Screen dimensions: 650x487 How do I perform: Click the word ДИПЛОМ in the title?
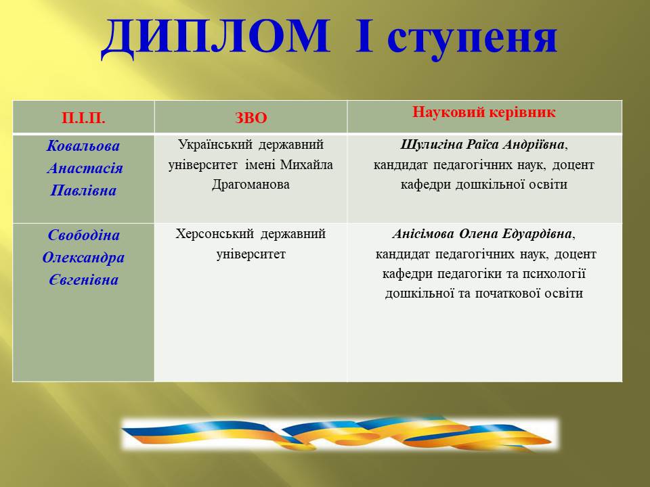[x=215, y=38]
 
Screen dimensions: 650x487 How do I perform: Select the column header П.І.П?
[x=83, y=118]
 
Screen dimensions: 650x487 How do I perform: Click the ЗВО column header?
[x=251, y=118]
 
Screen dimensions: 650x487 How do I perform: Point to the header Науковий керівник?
[x=483, y=112]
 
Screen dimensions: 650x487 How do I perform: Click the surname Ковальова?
[x=83, y=146]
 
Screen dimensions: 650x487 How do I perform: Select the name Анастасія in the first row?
[x=85, y=168]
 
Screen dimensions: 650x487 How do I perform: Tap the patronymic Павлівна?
[x=83, y=191]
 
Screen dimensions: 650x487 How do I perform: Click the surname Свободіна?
[x=84, y=235]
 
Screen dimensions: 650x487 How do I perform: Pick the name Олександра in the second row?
[x=83, y=258]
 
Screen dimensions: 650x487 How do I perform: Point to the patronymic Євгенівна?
[x=84, y=280]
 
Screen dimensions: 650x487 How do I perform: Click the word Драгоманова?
[x=251, y=185]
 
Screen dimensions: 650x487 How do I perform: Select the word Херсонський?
[x=213, y=234]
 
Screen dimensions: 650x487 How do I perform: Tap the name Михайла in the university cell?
[x=306, y=165]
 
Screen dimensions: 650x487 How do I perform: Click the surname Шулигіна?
[x=431, y=145]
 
